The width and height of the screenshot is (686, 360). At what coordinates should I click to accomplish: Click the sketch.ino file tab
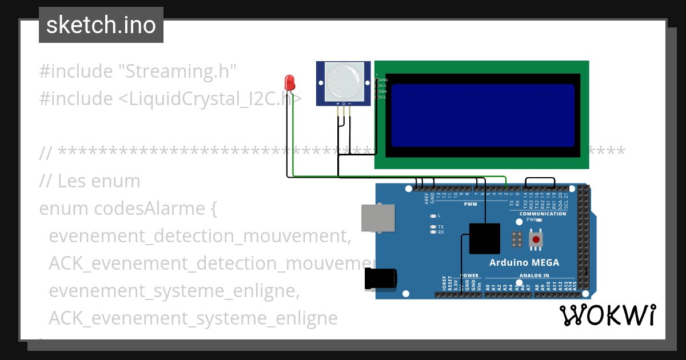click(x=101, y=25)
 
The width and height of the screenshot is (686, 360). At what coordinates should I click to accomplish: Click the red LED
click(x=290, y=83)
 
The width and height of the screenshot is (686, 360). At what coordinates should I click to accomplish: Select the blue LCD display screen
click(x=483, y=115)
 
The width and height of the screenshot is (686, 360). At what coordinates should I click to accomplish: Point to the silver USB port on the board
click(x=376, y=218)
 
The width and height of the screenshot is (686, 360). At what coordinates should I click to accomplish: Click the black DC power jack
click(x=380, y=279)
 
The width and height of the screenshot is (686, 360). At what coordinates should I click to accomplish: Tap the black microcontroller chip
click(x=485, y=238)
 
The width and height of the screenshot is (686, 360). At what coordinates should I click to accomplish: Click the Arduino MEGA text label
click(x=524, y=263)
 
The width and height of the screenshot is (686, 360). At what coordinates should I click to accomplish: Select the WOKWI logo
click(x=607, y=315)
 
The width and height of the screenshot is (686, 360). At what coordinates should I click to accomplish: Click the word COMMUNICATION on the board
click(x=543, y=214)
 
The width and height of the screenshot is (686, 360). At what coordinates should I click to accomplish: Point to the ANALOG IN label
click(x=534, y=275)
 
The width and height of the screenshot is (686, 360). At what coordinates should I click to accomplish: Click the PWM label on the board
click(x=470, y=204)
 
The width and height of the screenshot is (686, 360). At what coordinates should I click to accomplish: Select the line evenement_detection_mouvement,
click(x=200, y=236)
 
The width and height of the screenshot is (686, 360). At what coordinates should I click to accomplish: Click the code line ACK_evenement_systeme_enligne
click(x=193, y=318)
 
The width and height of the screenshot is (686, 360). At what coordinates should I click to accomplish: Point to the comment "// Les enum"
click(x=90, y=181)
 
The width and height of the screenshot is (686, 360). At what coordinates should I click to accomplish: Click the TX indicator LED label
click(x=441, y=227)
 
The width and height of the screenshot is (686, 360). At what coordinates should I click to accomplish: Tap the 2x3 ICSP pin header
click(x=517, y=239)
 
